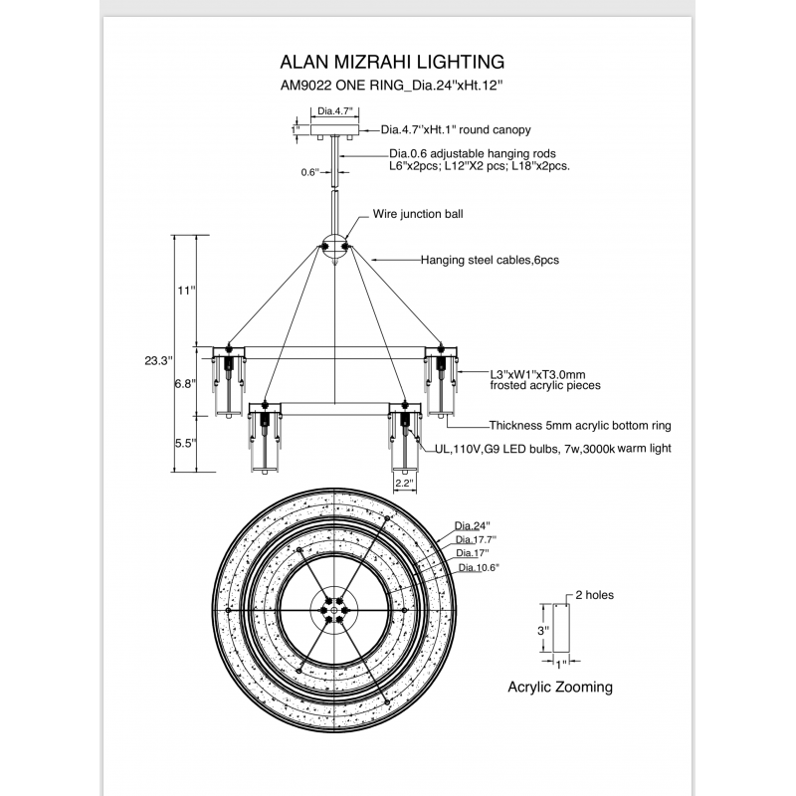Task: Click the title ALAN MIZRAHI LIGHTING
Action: tap(395, 62)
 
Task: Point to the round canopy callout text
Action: tap(457, 130)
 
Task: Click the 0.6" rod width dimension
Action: tap(309, 172)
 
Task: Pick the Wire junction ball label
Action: tap(418, 214)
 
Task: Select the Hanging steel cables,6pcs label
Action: tap(491, 260)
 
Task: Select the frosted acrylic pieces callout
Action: tap(545, 379)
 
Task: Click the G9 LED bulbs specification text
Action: tap(552, 449)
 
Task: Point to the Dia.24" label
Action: tap(474, 524)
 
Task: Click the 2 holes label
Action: tap(593, 595)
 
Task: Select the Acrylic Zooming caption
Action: tap(560, 687)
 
